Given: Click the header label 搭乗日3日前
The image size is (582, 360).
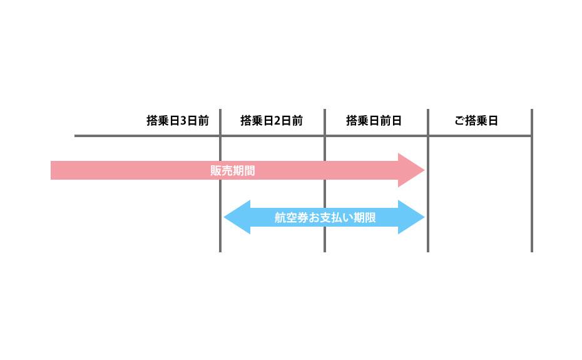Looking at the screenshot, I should [x=178, y=121].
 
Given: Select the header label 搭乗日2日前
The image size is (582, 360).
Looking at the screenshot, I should [x=272, y=121].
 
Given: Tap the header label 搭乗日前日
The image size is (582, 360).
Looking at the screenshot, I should [x=374, y=121].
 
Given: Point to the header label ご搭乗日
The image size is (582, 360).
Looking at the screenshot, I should [x=476, y=121].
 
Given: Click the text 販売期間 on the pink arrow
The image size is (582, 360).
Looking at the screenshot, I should [x=233, y=170].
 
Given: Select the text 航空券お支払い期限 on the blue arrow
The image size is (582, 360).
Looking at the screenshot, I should [x=325, y=217].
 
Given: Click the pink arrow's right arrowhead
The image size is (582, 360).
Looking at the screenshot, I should [x=412, y=170].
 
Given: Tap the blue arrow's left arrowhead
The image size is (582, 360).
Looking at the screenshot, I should [x=237, y=217].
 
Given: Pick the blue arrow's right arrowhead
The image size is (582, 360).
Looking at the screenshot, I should [x=412, y=217].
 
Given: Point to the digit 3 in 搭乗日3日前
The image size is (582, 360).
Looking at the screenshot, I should [x=183, y=121].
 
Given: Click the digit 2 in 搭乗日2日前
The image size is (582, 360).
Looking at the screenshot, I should [x=277, y=121].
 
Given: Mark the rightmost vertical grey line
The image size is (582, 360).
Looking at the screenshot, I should [x=531, y=182].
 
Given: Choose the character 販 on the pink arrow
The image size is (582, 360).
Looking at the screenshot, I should [x=216, y=170].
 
